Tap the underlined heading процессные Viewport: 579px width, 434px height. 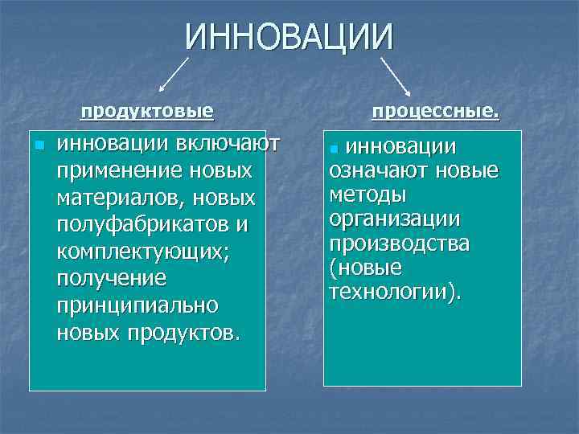(x=435, y=112)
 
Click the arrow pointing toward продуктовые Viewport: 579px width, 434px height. (x=174, y=73)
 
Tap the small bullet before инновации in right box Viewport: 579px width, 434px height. (x=335, y=149)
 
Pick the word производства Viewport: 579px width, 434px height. (x=399, y=243)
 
